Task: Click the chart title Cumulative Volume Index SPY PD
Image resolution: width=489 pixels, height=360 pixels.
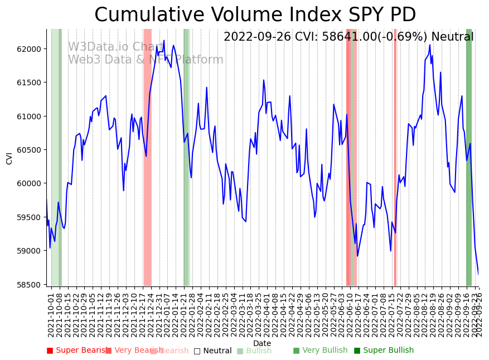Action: pyautogui.click(x=255, y=15)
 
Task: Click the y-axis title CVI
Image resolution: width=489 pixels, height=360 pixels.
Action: pyautogui.click(x=9, y=158)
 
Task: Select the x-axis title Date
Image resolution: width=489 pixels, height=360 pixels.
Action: pyautogui.click(x=262, y=344)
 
